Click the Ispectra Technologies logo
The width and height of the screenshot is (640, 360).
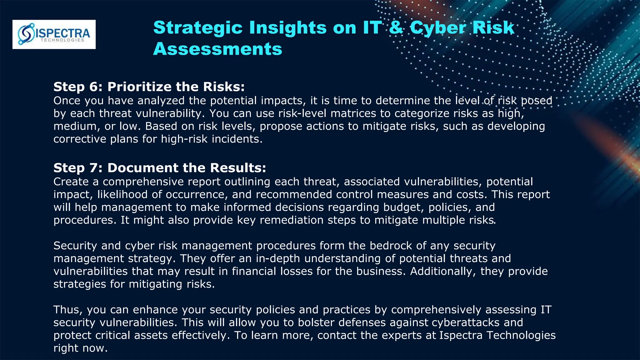click(54, 34)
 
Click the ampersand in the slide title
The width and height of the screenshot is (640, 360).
click(396, 27)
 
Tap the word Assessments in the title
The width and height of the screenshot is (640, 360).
click(217, 49)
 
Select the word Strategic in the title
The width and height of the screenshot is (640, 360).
click(198, 27)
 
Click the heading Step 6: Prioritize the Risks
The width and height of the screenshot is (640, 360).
click(149, 87)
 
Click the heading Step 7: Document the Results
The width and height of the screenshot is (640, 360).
click(160, 168)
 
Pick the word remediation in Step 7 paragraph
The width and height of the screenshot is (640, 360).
click(292, 220)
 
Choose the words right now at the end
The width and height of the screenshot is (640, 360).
click(81, 348)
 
